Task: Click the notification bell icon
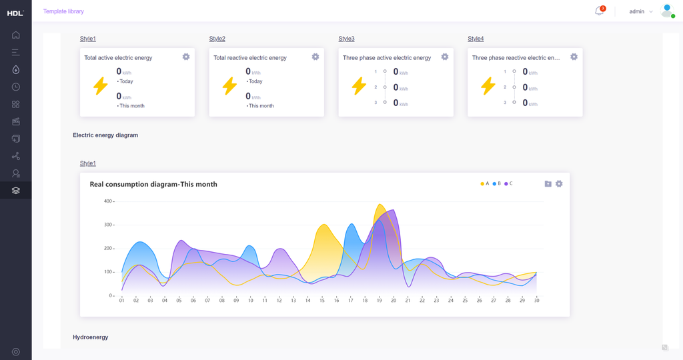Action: [599, 11]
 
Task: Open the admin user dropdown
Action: [641, 11]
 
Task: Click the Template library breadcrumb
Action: [63, 11]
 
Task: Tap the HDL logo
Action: [15, 13]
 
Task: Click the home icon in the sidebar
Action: [15, 35]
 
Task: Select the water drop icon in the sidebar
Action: [15, 69]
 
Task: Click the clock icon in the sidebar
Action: [15, 87]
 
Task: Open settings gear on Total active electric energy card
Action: [186, 57]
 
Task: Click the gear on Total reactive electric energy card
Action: [315, 57]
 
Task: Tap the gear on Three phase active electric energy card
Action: [445, 57]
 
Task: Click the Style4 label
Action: [476, 39]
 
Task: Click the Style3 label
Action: [346, 39]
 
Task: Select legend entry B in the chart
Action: [496, 183]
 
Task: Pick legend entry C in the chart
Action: [508, 183]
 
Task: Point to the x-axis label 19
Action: [380, 301]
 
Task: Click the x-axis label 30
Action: [536, 301]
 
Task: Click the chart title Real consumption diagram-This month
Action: [153, 184]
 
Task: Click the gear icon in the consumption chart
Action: [559, 184]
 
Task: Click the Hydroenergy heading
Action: [91, 337]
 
